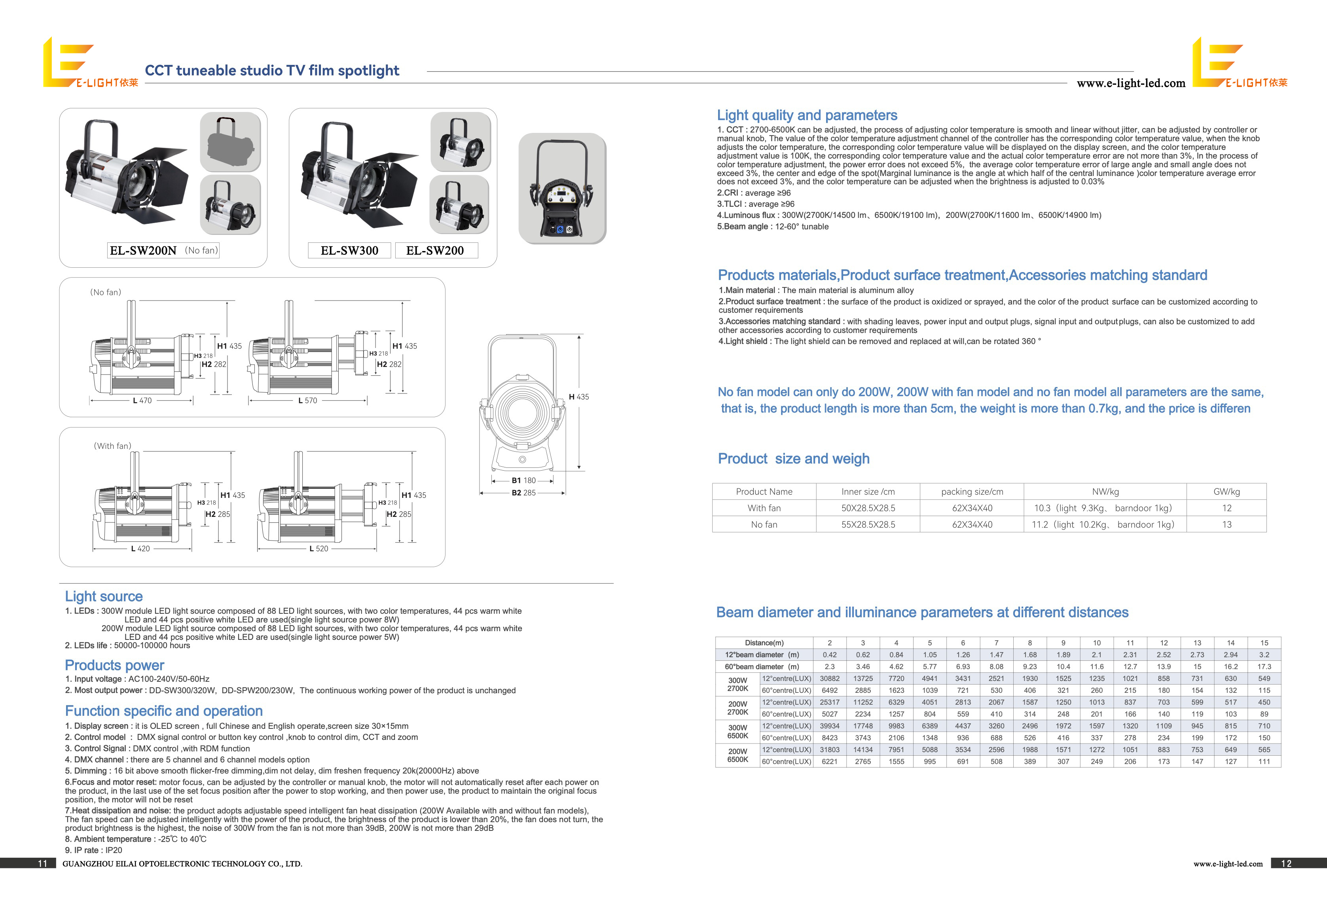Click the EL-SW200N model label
tap(143, 251)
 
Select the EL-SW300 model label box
tap(349, 251)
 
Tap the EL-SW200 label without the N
tap(435, 251)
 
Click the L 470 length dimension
tap(142, 401)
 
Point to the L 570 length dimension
tap(307, 401)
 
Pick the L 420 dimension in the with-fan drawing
tap(140, 549)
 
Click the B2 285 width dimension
tap(523, 493)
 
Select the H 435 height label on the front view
tap(579, 397)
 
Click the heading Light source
tap(104, 597)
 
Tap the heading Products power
tap(114, 665)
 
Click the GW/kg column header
tap(1227, 492)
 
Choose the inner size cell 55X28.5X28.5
tap(868, 525)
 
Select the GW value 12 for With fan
tap(1227, 508)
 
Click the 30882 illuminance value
tap(830, 679)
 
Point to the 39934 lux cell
tap(830, 726)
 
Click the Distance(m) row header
tap(764, 643)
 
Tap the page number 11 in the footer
tap(42, 864)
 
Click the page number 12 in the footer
tap(1287, 864)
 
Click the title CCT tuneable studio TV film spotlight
tap(272, 71)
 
